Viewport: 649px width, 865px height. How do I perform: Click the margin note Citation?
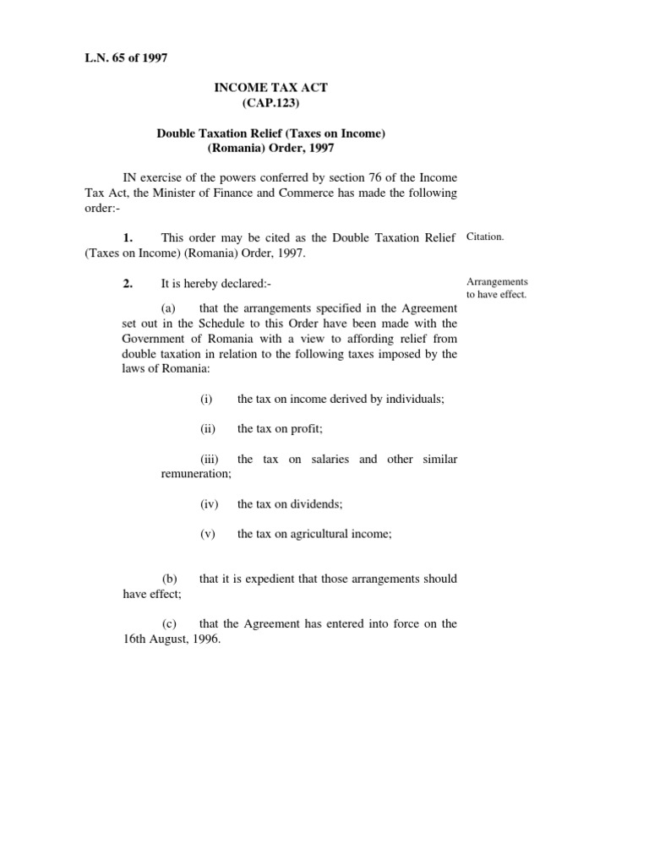pyautogui.click(x=485, y=237)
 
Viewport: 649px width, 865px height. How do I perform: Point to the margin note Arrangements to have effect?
pyautogui.click(x=496, y=288)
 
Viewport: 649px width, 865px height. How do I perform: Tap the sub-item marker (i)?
pyautogui.click(x=206, y=399)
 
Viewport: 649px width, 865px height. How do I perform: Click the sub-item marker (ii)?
pyautogui.click(x=208, y=429)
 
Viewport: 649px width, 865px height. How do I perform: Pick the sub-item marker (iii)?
pyautogui.click(x=210, y=460)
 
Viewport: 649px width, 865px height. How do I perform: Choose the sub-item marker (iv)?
pyautogui.click(x=209, y=504)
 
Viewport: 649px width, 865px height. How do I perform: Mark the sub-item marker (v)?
pyautogui.click(x=207, y=534)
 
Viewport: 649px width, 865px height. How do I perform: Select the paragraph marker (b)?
pyautogui.click(x=170, y=579)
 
